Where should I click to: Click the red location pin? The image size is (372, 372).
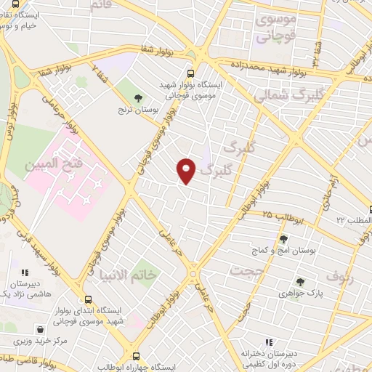(187, 170)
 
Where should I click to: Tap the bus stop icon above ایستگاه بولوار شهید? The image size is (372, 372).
(190, 73)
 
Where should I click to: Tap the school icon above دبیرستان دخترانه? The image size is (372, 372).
(270, 341)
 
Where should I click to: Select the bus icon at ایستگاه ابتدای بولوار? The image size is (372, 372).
(88, 299)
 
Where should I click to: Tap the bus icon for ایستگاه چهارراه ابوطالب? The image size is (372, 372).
(136, 355)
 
